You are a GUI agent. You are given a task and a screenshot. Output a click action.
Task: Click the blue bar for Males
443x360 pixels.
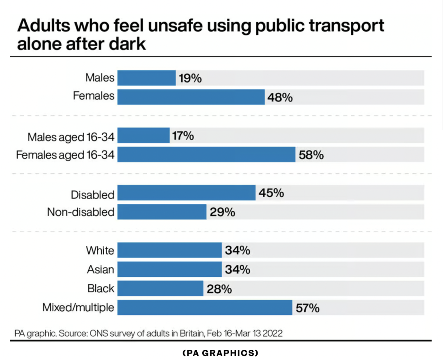146,78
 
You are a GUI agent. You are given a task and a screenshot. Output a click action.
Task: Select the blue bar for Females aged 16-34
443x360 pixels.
206,155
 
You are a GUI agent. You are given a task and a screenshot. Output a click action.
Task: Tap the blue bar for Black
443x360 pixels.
160,288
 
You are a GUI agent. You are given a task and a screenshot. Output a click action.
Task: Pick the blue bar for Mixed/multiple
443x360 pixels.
205,308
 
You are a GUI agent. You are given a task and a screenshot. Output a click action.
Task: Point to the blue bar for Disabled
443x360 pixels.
187,193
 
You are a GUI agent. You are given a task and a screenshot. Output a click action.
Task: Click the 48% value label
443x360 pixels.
280,98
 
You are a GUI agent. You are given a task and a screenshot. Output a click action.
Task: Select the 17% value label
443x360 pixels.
183,136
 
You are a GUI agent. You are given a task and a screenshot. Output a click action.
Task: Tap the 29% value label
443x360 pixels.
222,212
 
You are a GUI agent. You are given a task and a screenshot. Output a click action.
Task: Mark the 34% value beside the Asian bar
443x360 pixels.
237,269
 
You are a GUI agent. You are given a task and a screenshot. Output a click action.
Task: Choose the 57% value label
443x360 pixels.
308,308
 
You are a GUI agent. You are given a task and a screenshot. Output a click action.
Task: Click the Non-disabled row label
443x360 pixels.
81,212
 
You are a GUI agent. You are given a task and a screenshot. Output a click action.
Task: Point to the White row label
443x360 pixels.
100,251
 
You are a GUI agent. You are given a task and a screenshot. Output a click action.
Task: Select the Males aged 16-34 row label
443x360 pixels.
71,137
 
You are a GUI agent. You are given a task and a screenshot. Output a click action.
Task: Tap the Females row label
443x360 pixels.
94,96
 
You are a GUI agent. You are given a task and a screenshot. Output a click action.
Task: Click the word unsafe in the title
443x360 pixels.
175,25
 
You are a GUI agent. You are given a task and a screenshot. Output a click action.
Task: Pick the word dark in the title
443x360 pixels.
128,44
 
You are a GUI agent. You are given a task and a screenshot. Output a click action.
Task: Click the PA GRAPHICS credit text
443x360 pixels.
220,353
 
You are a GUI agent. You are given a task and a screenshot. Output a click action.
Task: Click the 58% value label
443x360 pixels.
311,155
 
